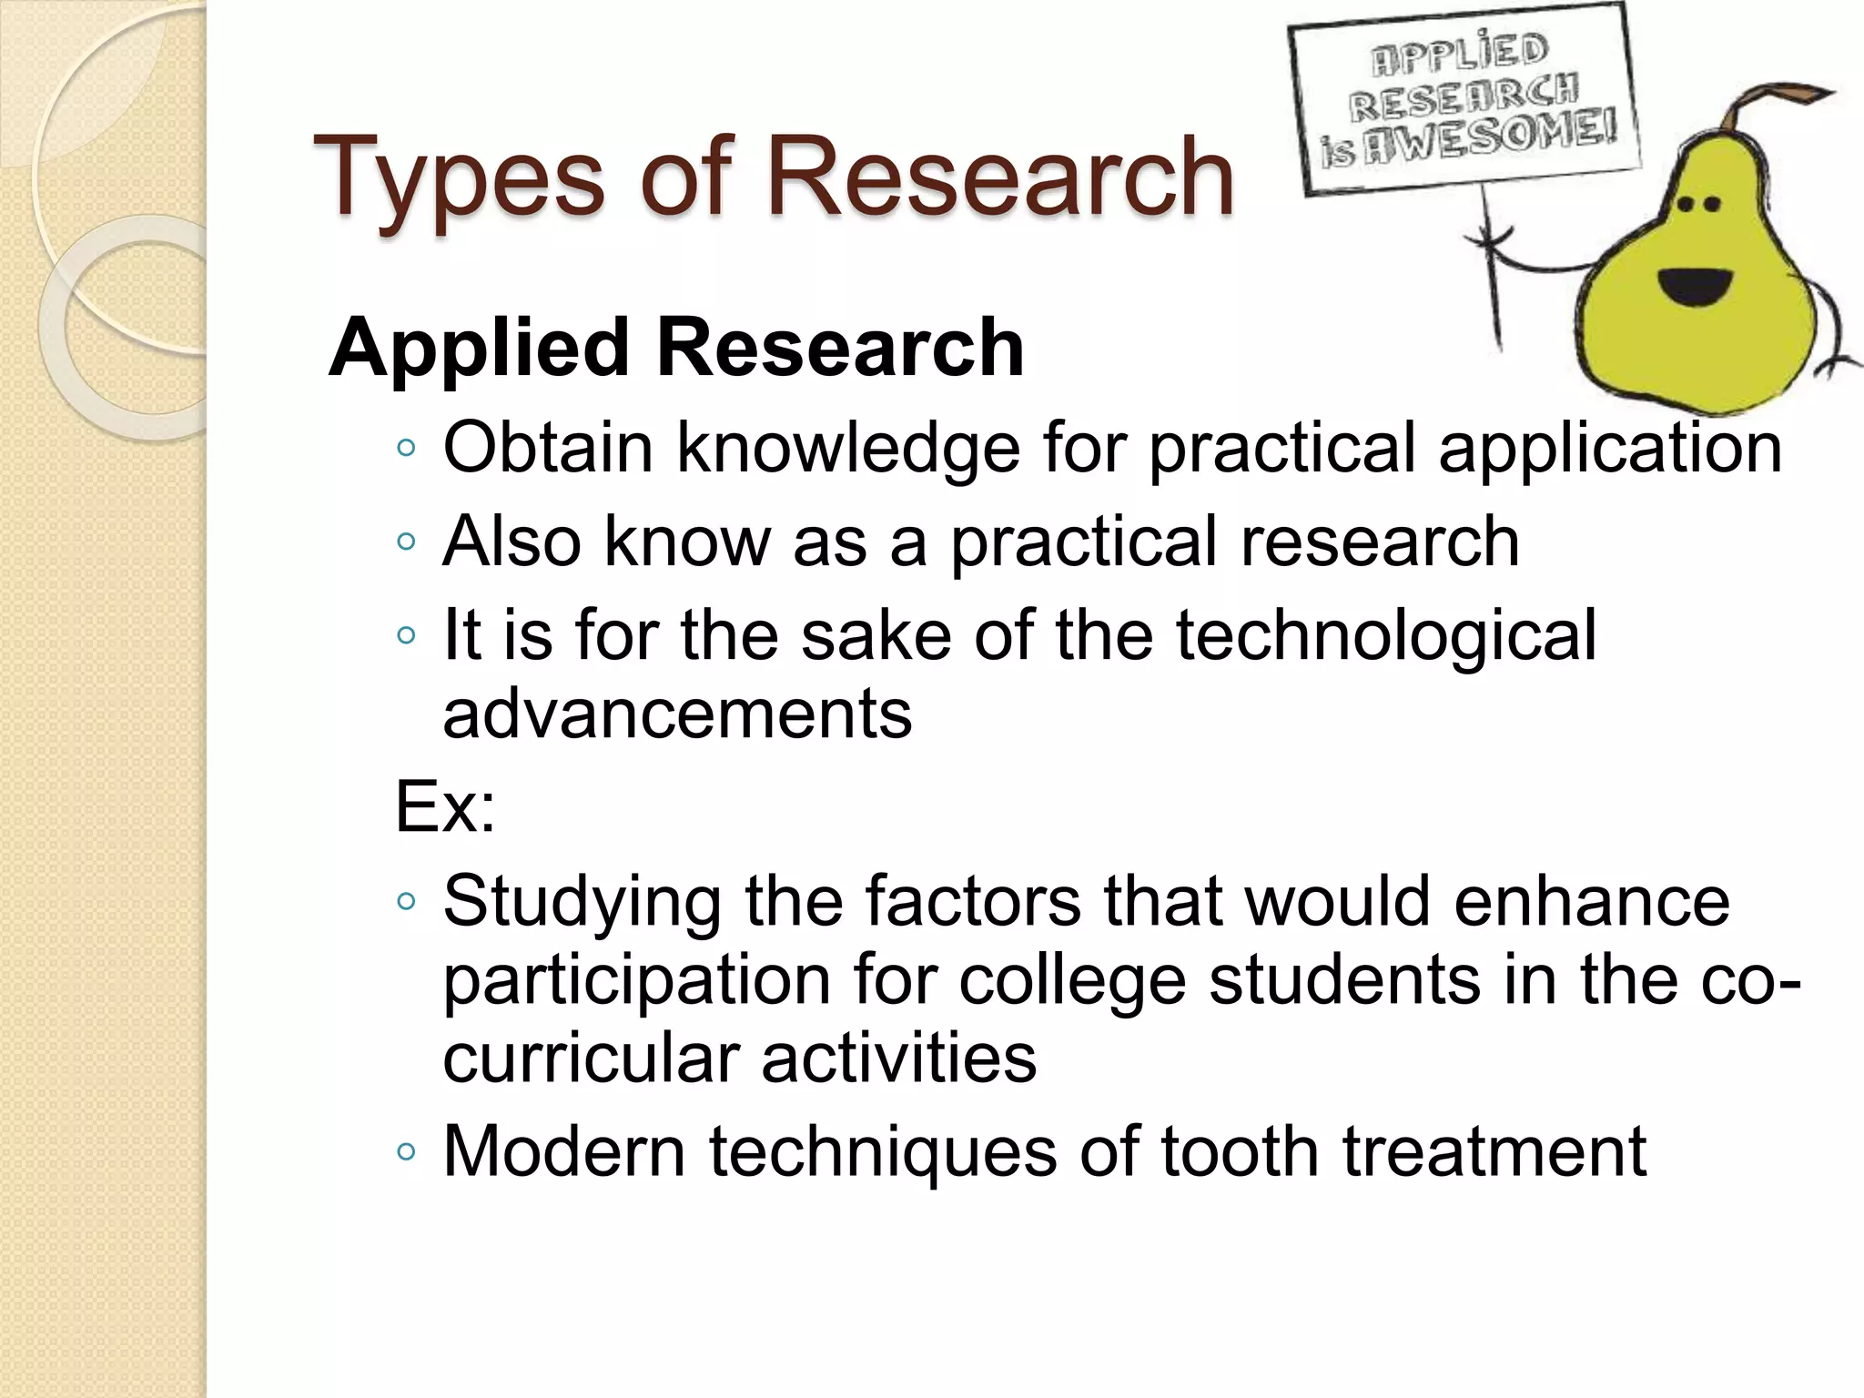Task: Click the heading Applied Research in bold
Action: click(x=676, y=348)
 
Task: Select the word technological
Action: click(x=1385, y=635)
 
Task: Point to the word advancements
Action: click(x=677, y=714)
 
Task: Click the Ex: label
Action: click(x=445, y=806)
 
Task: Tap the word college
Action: click(x=1071, y=981)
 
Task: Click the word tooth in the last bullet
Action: click(x=1240, y=1152)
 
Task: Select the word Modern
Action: click(x=563, y=1152)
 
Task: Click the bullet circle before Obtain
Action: click(x=406, y=448)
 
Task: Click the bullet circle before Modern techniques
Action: click(x=406, y=1152)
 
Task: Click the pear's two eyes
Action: click(x=1698, y=205)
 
